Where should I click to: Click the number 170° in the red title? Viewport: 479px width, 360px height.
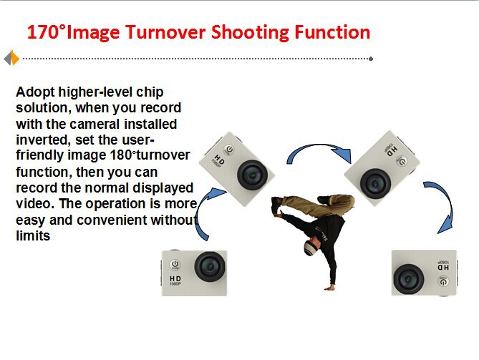47,31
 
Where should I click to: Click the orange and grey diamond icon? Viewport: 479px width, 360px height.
11,58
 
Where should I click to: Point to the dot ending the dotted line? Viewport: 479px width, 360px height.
371,59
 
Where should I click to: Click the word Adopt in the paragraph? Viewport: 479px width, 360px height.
35,92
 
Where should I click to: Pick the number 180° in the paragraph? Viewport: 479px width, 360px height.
122,155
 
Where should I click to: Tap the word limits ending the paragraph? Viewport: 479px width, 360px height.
33,235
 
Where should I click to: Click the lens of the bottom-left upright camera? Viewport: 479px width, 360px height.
210,266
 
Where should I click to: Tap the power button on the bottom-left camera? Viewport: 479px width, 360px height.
175,264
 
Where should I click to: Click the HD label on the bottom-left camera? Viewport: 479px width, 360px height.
175,278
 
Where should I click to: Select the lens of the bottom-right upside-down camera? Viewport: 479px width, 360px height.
408,279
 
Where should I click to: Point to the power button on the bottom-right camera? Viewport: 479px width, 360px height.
443,281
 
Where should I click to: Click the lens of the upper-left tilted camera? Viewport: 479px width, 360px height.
252,175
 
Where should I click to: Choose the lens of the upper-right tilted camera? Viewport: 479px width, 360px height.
375,183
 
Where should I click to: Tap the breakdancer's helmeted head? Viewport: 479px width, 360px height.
311,248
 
